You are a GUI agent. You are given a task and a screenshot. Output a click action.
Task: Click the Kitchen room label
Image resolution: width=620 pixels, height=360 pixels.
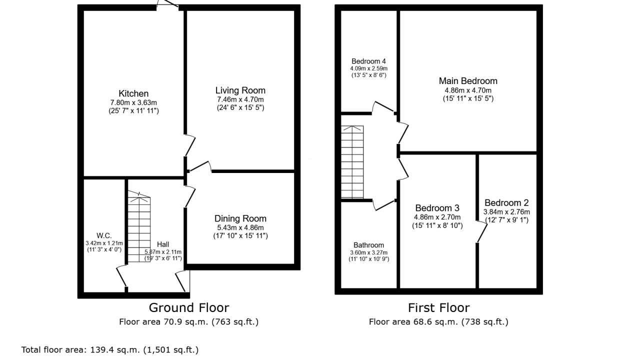click(x=133, y=93)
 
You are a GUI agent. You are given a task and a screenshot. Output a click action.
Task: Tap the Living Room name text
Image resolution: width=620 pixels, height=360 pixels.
click(x=240, y=90)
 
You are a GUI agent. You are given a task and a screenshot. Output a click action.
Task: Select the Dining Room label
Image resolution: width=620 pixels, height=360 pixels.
click(x=240, y=218)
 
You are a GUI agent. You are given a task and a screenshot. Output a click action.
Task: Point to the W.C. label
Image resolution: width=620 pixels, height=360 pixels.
click(x=104, y=236)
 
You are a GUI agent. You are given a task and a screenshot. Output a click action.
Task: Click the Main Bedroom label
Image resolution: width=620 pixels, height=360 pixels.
click(x=468, y=81)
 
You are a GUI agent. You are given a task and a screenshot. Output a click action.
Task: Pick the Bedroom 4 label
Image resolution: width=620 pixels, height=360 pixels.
click(x=368, y=61)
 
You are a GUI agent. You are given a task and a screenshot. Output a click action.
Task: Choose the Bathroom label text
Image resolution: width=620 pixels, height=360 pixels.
click(x=368, y=245)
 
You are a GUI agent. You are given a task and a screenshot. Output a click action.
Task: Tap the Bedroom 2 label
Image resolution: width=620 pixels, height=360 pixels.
click(x=506, y=203)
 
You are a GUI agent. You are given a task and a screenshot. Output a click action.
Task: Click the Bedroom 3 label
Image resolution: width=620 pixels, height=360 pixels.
click(x=437, y=208)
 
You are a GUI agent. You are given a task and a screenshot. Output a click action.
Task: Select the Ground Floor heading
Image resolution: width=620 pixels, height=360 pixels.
click(x=189, y=307)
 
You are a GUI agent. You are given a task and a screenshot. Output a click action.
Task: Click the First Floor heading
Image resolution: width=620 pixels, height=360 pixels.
click(x=438, y=307)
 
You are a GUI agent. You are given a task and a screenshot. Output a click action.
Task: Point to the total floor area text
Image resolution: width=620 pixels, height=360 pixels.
click(x=110, y=350)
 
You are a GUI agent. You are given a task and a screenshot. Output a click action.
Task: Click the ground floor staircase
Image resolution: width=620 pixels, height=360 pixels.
click(x=139, y=226)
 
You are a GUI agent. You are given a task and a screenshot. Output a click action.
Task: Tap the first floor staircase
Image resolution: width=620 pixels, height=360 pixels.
click(x=352, y=162)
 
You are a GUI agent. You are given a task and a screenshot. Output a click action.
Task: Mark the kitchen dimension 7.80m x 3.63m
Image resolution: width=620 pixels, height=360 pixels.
click(x=133, y=102)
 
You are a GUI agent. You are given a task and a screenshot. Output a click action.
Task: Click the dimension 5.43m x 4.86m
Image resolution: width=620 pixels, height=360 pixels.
click(x=240, y=227)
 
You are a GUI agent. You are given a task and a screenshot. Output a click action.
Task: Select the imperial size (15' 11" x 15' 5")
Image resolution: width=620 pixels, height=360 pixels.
click(x=468, y=98)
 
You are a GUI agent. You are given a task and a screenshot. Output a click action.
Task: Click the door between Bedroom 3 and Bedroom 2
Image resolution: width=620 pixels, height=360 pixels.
click(x=482, y=232)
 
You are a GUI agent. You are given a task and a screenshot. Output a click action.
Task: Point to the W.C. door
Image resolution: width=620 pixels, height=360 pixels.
click(x=122, y=276)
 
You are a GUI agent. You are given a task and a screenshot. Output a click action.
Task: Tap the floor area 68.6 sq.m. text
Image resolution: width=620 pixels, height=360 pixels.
click(x=438, y=322)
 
